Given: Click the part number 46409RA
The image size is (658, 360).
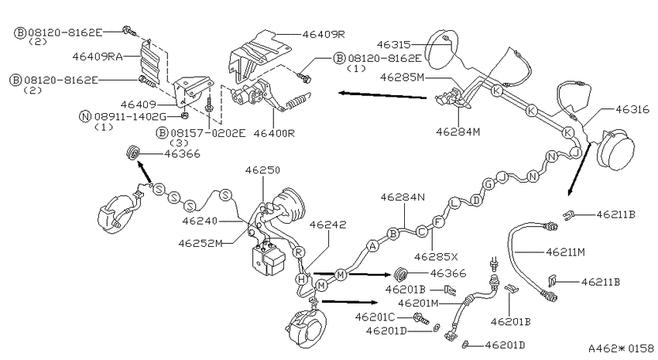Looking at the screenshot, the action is (98, 57).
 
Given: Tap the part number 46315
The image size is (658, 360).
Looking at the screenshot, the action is (393, 44).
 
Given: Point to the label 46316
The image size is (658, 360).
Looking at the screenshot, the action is (632, 109).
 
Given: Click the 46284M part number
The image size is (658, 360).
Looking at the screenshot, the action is (458, 132).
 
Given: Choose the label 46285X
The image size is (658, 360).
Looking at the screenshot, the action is (436, 256).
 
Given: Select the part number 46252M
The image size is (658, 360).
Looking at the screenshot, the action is (200, 243).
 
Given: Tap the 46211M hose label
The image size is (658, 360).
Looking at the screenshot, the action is (565, 252).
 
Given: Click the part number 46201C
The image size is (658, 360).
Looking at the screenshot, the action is (375, 317).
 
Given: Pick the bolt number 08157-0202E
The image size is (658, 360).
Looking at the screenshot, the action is (207, 133).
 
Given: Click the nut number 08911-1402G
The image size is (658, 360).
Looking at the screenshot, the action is (131, 116).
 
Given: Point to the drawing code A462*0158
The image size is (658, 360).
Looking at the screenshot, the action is (621, 348).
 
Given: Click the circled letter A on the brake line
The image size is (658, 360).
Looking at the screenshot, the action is (372, 246).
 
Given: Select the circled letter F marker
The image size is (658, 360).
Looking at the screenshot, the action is (438, 221).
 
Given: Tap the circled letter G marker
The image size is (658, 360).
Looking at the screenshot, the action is (488, 183).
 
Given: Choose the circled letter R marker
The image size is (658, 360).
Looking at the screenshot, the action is (298, 252).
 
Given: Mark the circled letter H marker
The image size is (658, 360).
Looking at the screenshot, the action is (301, 279).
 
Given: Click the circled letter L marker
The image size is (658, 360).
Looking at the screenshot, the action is (454, 204).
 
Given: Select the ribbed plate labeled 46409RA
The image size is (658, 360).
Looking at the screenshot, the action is (150, 62).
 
